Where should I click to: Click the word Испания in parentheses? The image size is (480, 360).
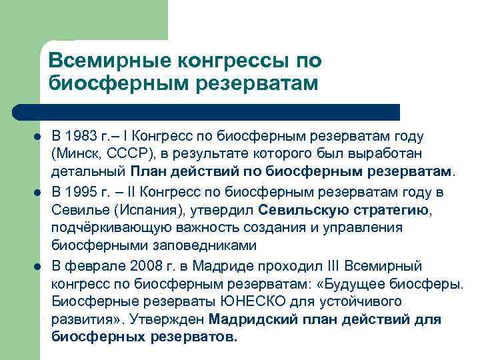point(145,211)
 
